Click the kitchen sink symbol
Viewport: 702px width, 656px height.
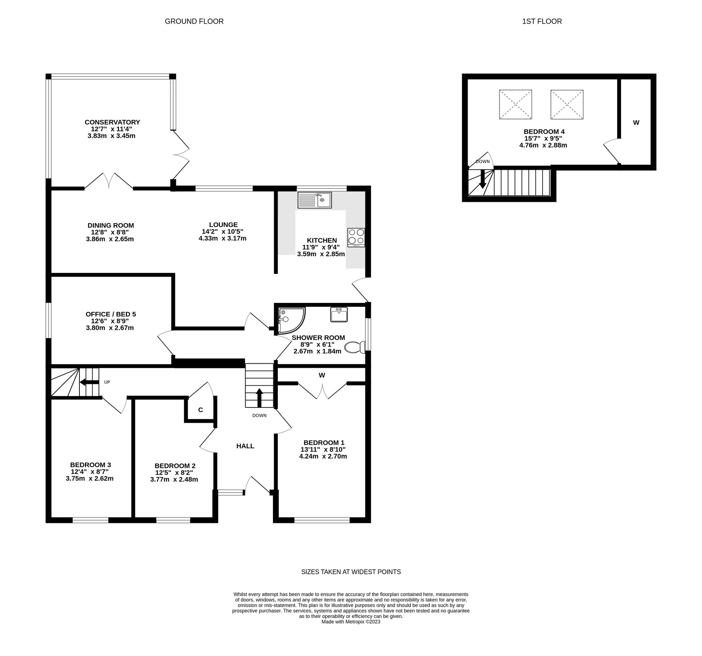tap(314, 200)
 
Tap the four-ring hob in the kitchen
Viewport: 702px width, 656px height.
tap(356, 237)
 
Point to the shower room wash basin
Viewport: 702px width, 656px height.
tap(339, 314)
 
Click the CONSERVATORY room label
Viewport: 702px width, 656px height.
tap(112, 122)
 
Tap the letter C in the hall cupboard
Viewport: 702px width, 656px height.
tap(200, 410)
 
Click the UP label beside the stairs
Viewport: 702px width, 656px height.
tap(107, 382)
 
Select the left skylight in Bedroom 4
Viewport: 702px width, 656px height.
tap(515, 104)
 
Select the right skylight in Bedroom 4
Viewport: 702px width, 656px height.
tap(567, 104)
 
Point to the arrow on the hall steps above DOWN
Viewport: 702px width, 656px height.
tap(259, 398)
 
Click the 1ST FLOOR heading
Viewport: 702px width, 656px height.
tap(542, 22)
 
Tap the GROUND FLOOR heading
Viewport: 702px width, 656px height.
tap(194, 22)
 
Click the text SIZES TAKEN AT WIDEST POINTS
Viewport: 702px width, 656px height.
tap(351, 572)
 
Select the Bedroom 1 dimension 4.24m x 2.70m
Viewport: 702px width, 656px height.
tap(323, 456)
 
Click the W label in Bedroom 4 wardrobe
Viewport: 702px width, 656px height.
tap(636, 123)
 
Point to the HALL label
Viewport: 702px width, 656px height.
tap(245, 446)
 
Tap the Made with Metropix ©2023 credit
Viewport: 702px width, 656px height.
tap(351, 622)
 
